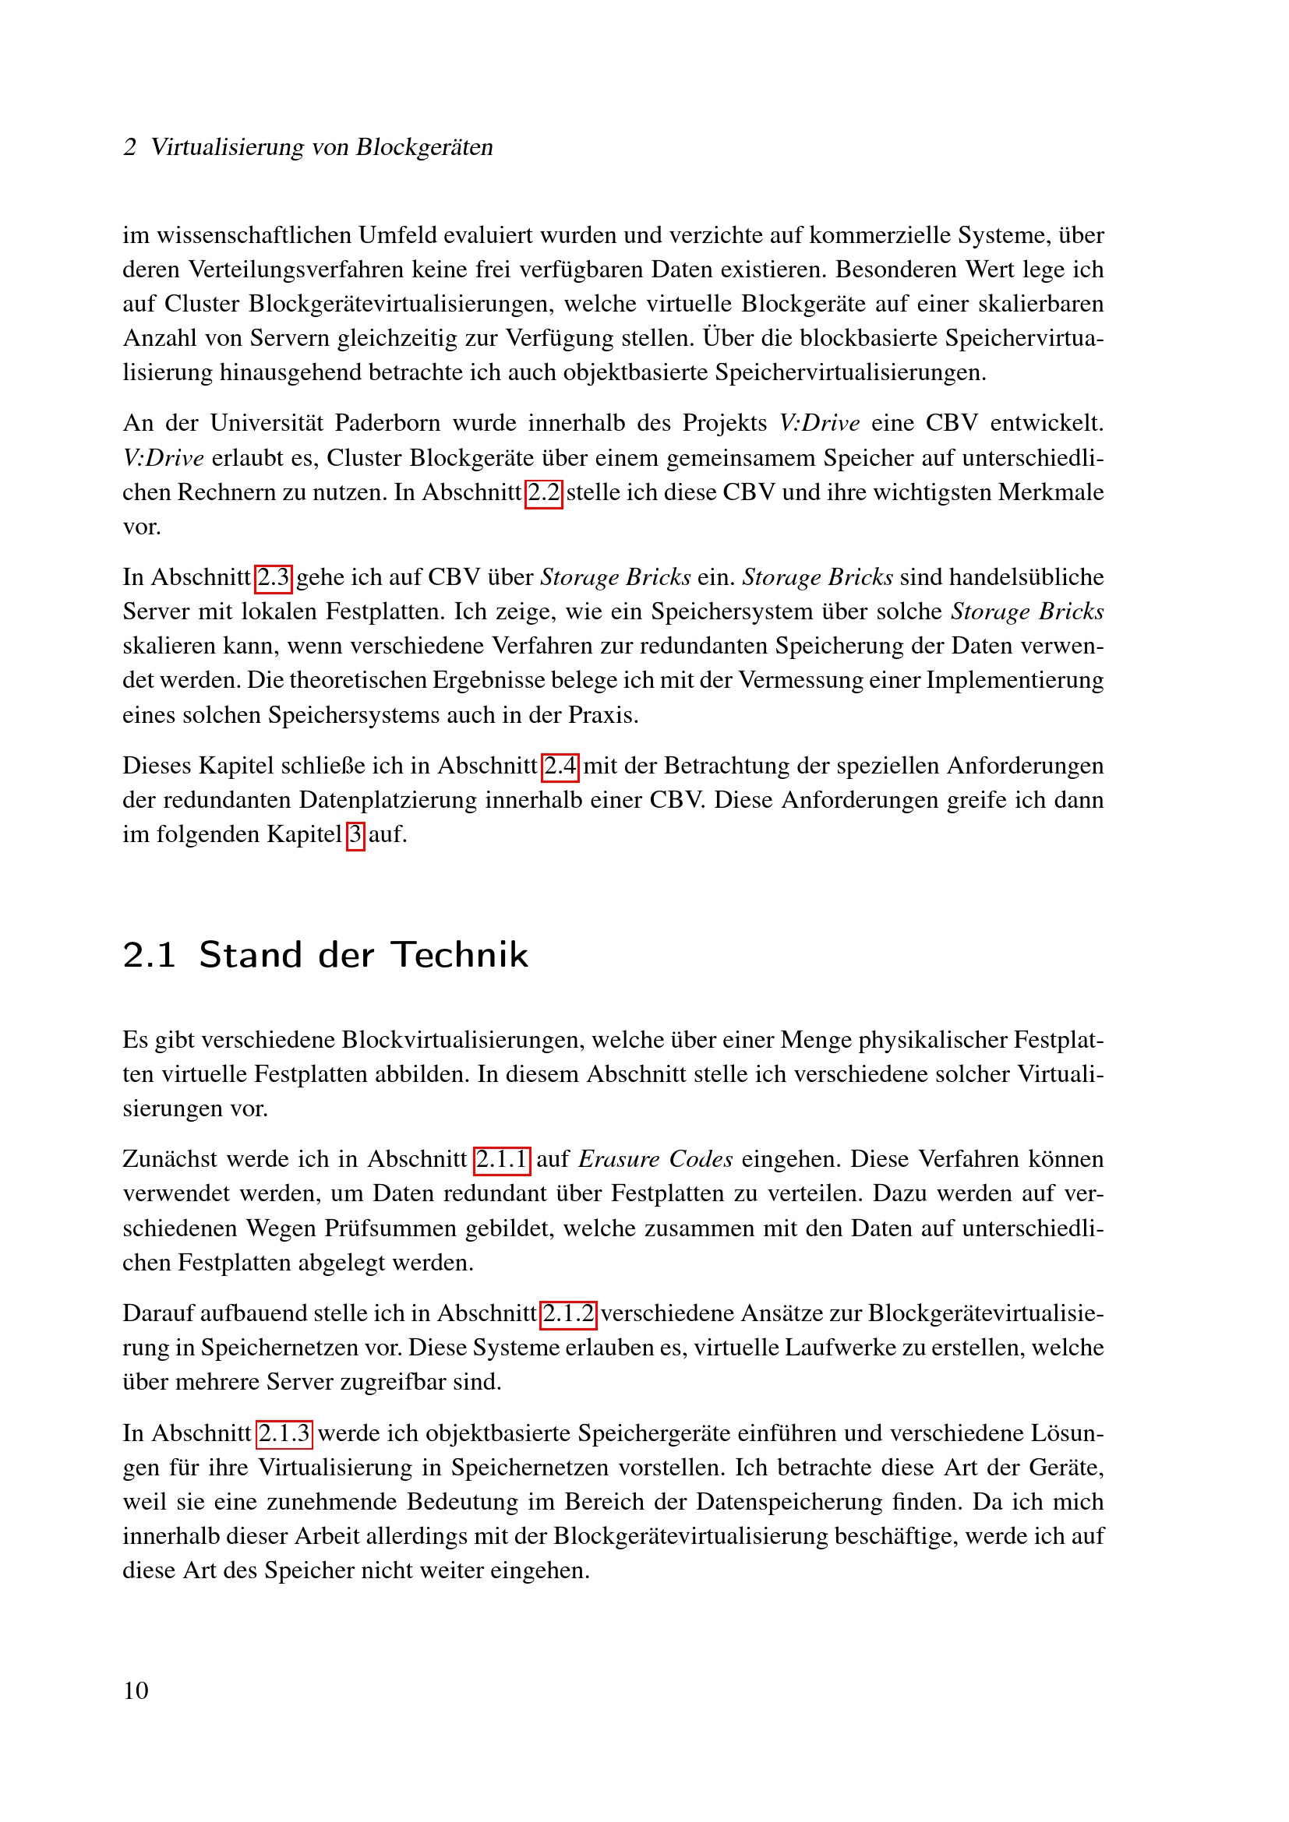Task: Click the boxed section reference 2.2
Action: tap(544, 493)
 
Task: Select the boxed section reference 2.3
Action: tap(274, 578)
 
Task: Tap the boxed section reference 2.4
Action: tap(560, 766)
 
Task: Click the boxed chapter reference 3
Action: tap(355, 835)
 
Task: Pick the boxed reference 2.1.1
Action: tap(502, 1159)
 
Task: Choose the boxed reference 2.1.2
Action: tap(568, 1313)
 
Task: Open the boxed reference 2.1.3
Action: tap(284, 1433)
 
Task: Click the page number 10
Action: tap(136, 1691)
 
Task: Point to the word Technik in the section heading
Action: tap(460, 955)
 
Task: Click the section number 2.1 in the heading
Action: tap(149, 955)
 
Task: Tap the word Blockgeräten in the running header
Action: tap(424, 147)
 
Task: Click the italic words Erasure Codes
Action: tap(655, 1159)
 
